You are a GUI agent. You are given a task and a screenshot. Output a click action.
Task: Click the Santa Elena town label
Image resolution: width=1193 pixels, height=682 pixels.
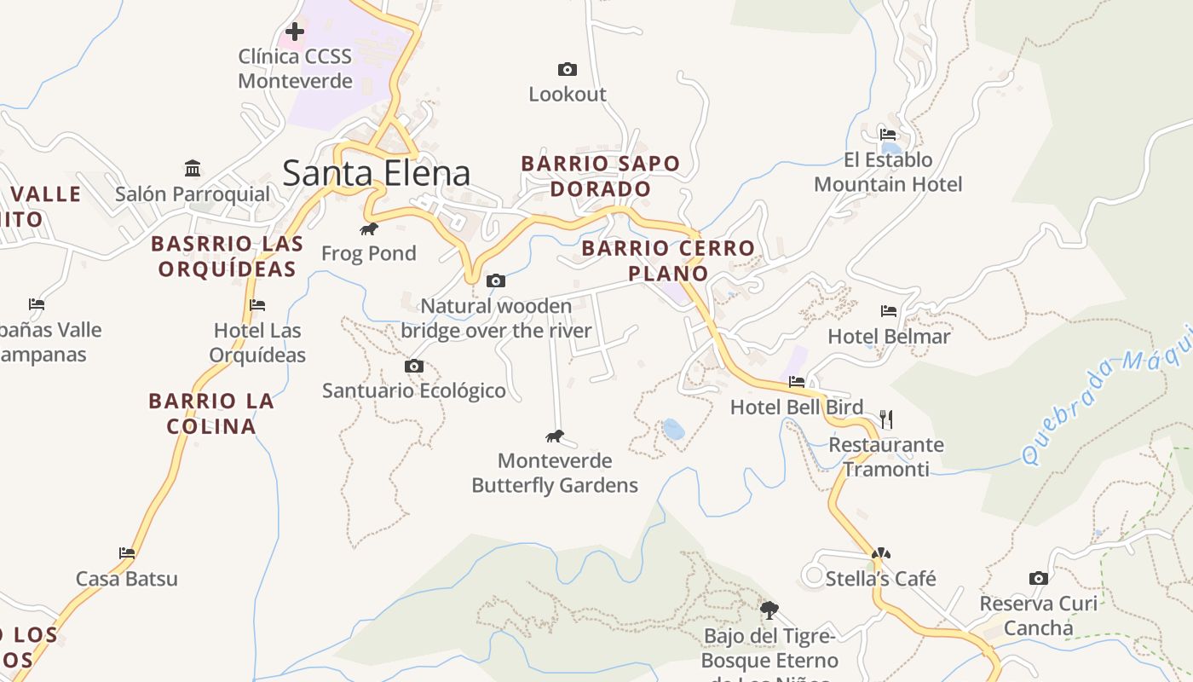376,173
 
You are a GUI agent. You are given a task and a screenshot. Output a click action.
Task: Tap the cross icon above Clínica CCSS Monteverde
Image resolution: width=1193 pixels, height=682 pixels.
295,32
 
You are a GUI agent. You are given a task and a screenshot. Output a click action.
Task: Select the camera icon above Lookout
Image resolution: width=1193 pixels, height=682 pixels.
567,69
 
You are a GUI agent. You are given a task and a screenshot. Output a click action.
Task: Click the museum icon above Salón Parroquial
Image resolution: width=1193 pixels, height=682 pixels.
193,168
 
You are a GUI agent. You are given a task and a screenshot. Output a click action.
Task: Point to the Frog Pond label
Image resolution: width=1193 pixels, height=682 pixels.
368,253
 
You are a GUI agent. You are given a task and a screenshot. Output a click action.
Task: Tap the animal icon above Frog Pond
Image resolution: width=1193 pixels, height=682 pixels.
368,228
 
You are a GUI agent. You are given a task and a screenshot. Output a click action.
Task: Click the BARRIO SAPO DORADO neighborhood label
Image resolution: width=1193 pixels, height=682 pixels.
601,176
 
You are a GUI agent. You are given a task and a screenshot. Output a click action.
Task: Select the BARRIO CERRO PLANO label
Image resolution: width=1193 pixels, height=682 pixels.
668,260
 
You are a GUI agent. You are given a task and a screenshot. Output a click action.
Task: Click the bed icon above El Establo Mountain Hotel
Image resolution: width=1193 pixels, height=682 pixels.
888,135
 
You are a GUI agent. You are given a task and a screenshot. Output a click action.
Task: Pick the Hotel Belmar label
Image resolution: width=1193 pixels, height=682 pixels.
889,336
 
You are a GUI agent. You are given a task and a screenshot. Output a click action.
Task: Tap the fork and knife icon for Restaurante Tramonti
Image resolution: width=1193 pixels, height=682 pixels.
886,419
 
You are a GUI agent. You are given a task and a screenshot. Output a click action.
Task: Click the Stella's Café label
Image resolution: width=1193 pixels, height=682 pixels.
880,579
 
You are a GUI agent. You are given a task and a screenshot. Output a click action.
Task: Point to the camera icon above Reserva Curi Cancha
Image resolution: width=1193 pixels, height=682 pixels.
1038,578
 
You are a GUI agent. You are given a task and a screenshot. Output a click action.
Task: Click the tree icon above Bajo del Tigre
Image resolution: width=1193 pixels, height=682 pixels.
769,610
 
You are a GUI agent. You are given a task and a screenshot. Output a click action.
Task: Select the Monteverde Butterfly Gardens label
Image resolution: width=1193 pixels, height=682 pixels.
555,473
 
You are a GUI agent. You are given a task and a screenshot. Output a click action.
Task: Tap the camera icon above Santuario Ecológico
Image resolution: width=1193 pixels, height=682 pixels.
414,367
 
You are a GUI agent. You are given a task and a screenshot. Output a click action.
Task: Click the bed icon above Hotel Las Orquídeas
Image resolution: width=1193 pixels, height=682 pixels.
257,305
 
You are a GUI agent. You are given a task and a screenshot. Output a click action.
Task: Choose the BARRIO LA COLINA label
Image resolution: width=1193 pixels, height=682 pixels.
211,413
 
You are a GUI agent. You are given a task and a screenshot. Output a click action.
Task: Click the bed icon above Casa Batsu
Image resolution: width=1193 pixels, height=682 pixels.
127,553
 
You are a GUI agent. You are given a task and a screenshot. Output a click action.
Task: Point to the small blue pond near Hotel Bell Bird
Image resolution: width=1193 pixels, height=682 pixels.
673,429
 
